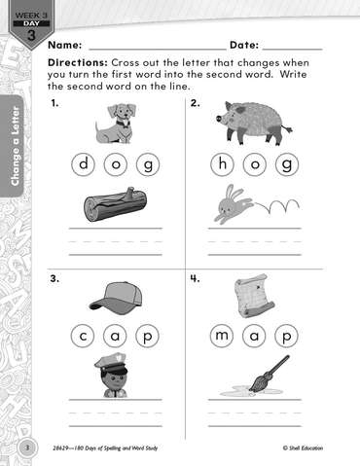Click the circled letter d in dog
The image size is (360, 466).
[x=84, y=164]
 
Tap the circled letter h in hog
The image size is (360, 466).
[x=223, y=164]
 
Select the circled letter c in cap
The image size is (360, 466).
[x=83, y=336]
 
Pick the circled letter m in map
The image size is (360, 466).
[x=222, y=336]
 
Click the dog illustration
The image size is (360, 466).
[x=117, y=124]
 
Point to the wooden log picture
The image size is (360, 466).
[x=115, y=204]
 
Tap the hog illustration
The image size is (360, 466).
[x=254, y=123]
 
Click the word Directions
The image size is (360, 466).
[x=78, y=62]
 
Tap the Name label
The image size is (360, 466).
[x=65, y=45]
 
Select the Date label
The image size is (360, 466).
[x=244, y=45]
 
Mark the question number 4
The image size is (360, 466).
[x=196, y=278]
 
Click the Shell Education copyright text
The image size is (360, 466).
[x=303, y=448]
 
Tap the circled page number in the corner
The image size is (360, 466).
[x=27, y=448]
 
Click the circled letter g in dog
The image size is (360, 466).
[x=148, y=164]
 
